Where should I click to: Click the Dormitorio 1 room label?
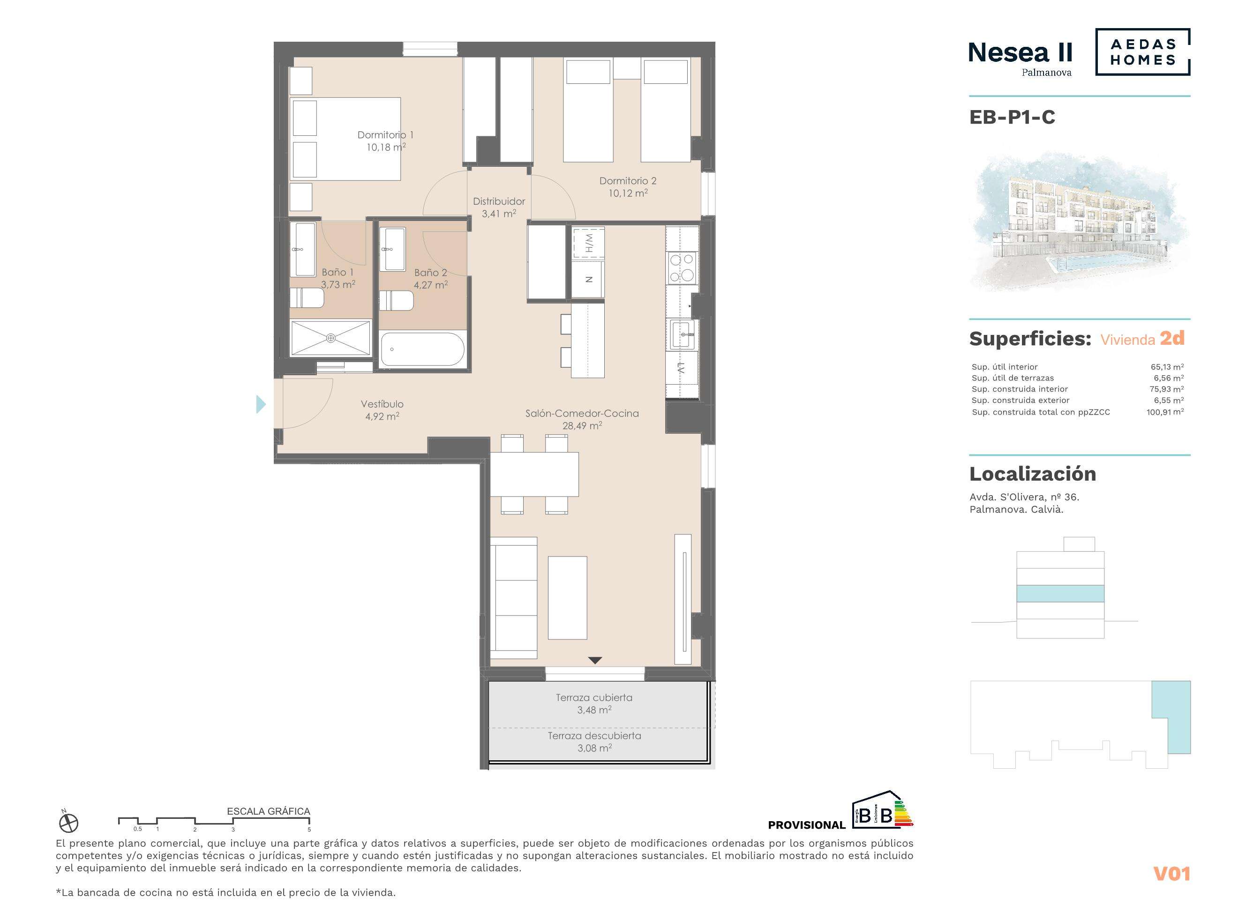point(385,135)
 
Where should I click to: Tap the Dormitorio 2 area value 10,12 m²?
point(628,193)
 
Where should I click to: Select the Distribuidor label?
point(499,202)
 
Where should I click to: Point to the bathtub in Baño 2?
point(422,349)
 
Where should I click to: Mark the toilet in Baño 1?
point(307,298)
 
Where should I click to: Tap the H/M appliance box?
point(588,243)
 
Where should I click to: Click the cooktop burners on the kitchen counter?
point(682,267)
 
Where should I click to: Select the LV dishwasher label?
point(681,368)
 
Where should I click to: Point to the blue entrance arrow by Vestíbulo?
point(261,405)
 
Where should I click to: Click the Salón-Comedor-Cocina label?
point(582,413)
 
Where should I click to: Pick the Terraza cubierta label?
point(594,698)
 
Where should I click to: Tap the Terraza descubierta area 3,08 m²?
point(594,748)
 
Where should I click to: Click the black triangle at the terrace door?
point(594,661)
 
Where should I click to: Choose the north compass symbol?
point(68,824)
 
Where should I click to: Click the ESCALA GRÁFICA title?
point(268,811)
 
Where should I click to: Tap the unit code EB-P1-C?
point(1012,117)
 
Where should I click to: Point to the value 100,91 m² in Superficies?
point(1165,412)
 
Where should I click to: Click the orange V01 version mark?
point(1171,874)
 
